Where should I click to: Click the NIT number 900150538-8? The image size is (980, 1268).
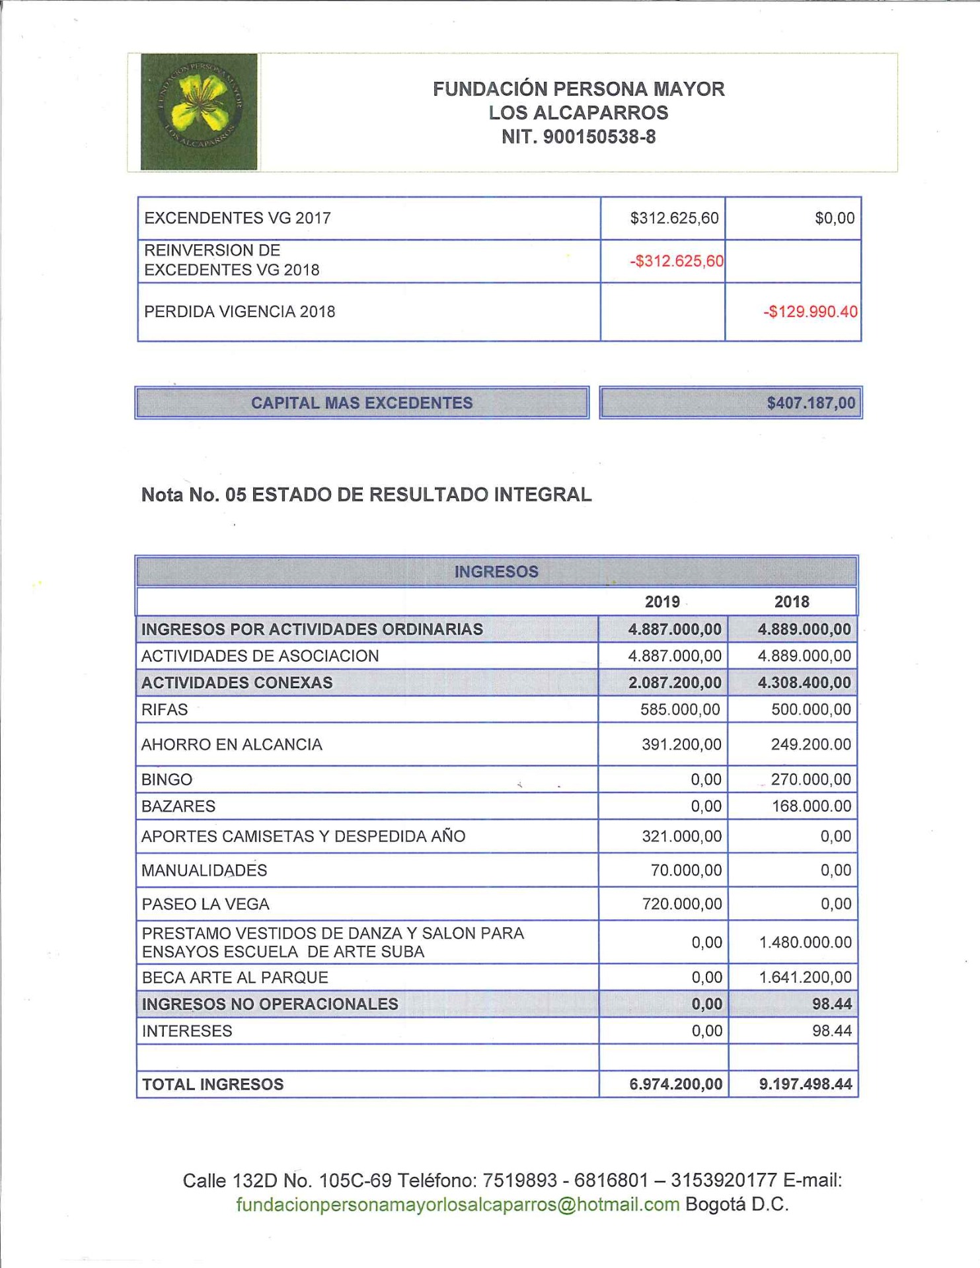click(578, 137)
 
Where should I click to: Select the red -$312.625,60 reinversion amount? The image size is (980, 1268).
click(676, 261)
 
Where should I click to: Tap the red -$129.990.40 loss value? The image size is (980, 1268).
click(810, 312)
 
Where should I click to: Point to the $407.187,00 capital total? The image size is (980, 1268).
click(811, 403)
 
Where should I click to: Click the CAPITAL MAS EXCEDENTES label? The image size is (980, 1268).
click(361, 403)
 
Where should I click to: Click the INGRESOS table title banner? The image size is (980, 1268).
click(496, 572)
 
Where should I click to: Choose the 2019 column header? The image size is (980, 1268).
click(662, 602)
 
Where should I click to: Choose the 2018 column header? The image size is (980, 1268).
click(792, 602)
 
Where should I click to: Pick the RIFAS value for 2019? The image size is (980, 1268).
click(681, 710)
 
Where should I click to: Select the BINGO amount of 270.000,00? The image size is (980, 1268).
click(811, 780)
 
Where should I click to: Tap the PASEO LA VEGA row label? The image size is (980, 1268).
click(206, 904)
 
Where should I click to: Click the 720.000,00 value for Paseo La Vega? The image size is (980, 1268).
click(682, 904)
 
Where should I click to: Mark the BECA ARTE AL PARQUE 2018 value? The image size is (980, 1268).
click(805, 977)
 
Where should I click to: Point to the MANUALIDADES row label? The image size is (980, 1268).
click(204, 870)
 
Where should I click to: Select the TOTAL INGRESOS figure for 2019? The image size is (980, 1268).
click(676, 1084)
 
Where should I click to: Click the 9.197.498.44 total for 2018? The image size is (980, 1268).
click(806, 1084)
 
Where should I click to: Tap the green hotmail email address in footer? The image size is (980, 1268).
click(458, 1205)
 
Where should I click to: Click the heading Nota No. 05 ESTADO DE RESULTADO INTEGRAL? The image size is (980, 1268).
click(366, 495)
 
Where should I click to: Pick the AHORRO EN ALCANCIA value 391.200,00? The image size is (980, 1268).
click(681, 745)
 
